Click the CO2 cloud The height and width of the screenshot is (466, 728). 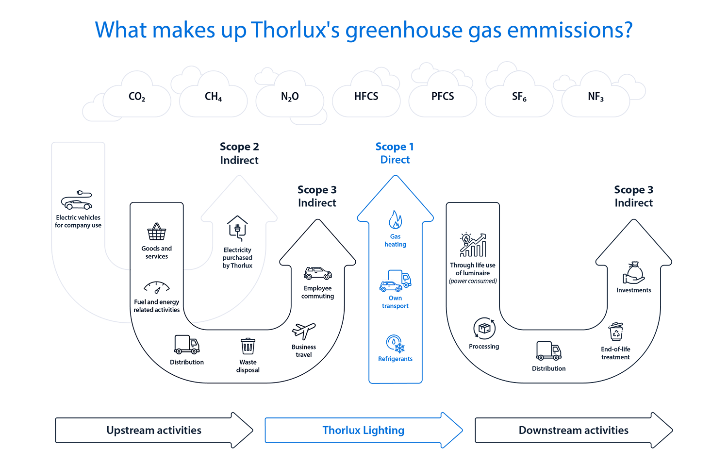[x=137, y=97]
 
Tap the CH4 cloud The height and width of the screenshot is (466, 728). [x=214, y=97]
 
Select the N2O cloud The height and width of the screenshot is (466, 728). [x=290, y=97]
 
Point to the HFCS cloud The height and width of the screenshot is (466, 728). [x=366, y=97]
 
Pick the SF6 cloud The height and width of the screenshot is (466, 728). [x=519, y=97]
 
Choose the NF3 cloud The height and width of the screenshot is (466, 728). [x=596, y=97]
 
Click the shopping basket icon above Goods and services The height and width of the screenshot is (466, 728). [x=156, y=232]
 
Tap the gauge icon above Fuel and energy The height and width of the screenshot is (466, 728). [x=156, y=287]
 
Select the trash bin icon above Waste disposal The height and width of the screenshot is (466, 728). [x=248, y=347]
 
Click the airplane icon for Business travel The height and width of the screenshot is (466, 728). [x=304, y=332]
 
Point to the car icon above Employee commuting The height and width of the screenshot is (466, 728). [x=317, y=273]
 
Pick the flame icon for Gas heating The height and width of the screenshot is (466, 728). [x=395, y=220]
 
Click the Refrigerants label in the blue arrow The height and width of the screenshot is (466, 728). [x=395, y=359]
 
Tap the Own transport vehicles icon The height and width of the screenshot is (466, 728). [x=395, y=281]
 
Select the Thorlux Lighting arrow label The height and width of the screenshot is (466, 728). [x=363, y=431]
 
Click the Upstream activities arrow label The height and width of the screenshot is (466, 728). [x=153, y=431]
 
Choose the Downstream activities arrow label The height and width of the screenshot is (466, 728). [x=573, y=431]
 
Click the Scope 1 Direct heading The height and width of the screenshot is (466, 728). [x=395, y=153]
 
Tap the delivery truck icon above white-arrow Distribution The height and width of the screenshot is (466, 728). [x=186, y=345]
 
